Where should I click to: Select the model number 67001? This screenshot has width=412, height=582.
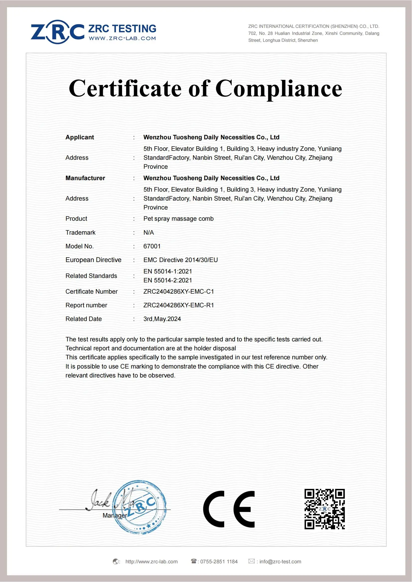[x=152, y=246]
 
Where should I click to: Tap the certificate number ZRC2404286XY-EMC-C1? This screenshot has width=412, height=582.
[x=178, y=292]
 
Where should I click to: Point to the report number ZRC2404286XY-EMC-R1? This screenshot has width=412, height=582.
[x=178, y=305]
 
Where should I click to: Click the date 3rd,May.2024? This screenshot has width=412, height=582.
[x=162, y=319]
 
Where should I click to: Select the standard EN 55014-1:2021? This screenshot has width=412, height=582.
[x=167, y=271]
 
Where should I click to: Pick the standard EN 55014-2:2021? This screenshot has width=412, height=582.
[x=167, y=280]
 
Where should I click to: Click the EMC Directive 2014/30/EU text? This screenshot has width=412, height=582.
[x=180, y=260]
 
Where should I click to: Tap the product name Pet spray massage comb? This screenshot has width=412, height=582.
[x=178, y=218]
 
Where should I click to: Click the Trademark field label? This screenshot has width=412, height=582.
[x=80, y=232]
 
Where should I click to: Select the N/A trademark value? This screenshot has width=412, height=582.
[x=148, y=232]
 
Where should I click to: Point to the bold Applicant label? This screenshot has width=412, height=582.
[x=80, y=137]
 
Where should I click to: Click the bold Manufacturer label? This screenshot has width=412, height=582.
[x=85, y=178]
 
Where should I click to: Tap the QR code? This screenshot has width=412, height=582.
[x=325, y=509]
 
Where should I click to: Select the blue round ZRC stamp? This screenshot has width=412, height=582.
[x=139, y=507]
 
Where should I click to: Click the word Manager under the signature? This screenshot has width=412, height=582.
[x=115, y=515]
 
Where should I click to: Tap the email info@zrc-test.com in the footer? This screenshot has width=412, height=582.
[x=280, y=561]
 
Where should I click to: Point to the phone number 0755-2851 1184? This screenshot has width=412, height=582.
[x=219, y=561]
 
